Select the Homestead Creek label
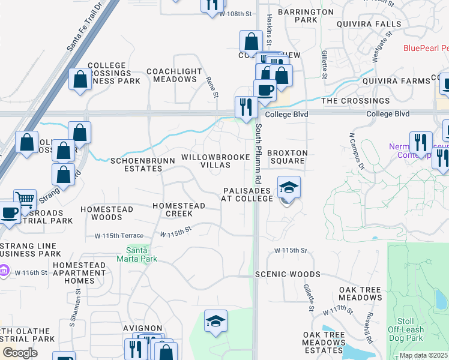pos(178,209)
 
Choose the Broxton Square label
pos(287,157)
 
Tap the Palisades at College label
pos(247,194)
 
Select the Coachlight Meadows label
pos(174,75)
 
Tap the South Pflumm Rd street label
pos(258,153)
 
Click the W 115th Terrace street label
pos(114,235)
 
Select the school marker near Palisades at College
pos(289,188)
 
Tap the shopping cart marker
pos(25,200)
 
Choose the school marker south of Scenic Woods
pos(215,322)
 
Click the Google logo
pos(20,353)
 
